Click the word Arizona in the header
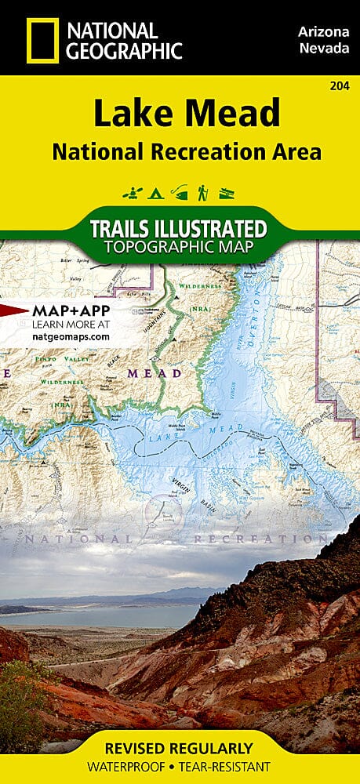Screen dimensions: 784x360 click(322, 31)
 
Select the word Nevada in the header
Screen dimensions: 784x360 click(322, 49)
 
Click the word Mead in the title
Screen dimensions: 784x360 click(233, 114)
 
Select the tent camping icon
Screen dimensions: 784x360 click(153, 191)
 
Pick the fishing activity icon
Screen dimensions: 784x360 click(180, 191)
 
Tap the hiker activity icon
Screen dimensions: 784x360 click(203, 191)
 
